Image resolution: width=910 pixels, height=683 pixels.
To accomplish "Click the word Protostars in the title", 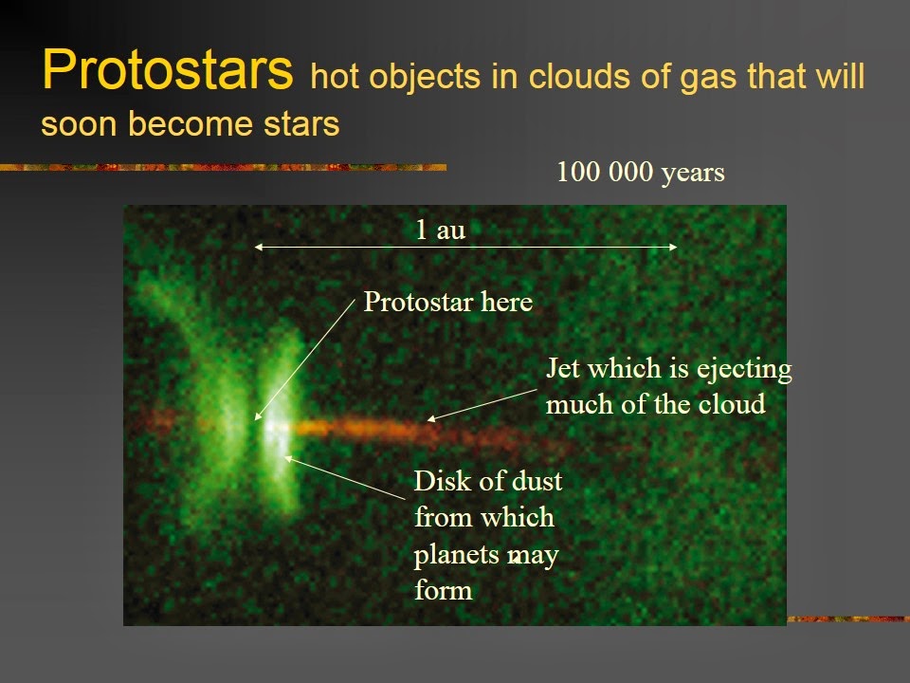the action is click(167, 69).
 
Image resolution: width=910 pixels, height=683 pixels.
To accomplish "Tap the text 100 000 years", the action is click(641, 173).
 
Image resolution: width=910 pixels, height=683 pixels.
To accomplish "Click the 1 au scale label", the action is click(441, 230).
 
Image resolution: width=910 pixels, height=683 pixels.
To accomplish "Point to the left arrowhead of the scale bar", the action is click(258, 247).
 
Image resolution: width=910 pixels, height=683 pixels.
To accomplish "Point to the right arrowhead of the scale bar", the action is click(673, 247).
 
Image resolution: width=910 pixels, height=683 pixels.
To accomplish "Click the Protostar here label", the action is click(448, 302).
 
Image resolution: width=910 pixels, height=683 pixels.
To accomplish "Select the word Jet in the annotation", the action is click(563, 368).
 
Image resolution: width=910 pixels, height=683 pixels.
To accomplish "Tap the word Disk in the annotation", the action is click(439, 481).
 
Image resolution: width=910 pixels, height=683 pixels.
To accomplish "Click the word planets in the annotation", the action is click(459, 556).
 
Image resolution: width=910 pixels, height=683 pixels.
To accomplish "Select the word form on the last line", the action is click(443, 590).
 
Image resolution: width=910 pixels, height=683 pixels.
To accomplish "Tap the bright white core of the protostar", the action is click(272, 427).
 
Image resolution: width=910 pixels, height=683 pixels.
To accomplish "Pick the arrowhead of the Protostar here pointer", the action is click(258, 415).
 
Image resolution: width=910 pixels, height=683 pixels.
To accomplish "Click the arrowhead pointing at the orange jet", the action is click(431, 417).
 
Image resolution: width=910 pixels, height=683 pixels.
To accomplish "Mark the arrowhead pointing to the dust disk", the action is click(287, 459).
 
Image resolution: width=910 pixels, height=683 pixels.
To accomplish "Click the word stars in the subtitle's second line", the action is click(301, 123).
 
